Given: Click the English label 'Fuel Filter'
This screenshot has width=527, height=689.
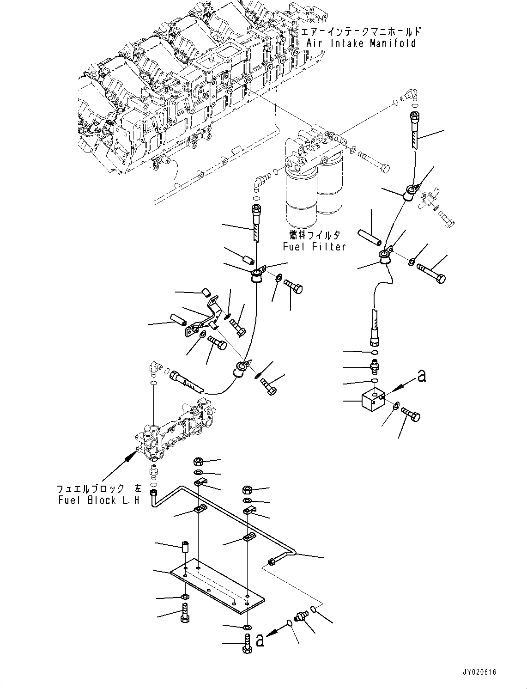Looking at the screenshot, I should (x=314, y=247).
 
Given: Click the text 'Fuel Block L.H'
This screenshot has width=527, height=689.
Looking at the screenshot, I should (x=98, y=500).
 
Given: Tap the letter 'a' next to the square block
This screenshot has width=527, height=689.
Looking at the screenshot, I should (x=421, y=376).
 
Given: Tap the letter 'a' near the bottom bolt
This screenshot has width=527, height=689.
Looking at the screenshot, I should (x=260, y=640).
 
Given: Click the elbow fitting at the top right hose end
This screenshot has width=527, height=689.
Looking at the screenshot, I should (x=408, y=95).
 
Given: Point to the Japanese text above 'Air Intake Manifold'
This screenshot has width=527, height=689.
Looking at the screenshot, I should (x=361, y=31).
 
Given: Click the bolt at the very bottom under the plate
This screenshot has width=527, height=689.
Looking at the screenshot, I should (x=246, y=644).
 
